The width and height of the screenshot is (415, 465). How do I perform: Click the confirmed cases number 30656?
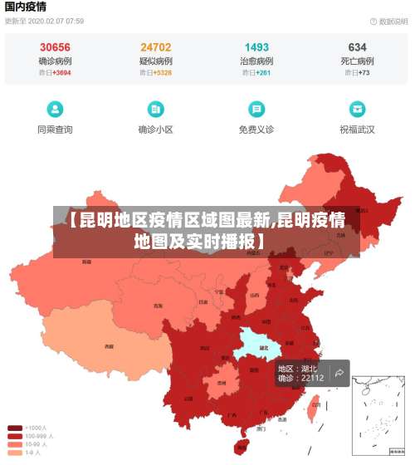point(55,47)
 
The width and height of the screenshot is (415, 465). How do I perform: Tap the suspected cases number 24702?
point(156,47)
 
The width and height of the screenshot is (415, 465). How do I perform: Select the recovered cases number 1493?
point(256,47)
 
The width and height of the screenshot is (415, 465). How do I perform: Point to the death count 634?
point(357,47)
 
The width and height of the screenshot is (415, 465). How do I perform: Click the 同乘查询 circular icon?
point(55,109)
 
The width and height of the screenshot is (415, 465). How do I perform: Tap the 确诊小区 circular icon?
point(156,109)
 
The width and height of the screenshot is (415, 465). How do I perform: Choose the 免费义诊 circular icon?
point(256,109)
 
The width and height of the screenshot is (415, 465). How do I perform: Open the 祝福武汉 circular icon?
point(357,109)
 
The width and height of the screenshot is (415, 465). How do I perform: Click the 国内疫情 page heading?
point(26,7)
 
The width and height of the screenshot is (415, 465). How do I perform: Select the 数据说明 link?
point(388,21)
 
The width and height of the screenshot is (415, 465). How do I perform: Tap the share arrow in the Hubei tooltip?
point(339,374)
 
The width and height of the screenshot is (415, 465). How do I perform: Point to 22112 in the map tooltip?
point(312,379)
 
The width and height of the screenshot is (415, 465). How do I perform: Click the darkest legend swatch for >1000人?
point(15,428)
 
